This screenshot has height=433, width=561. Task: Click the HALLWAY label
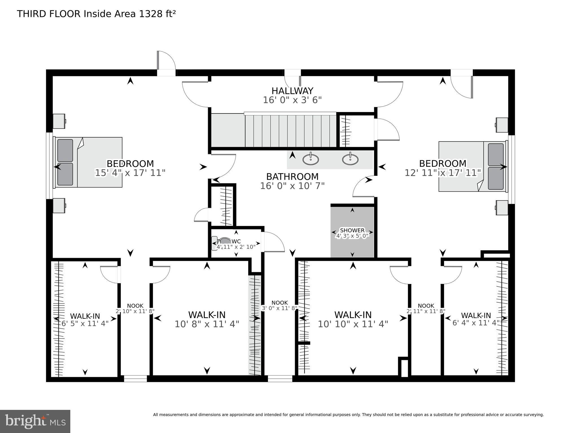(x=292, y=91)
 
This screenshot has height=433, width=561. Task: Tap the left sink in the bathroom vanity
(x=311, y=160)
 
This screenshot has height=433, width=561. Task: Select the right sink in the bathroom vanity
(x=350, y=160)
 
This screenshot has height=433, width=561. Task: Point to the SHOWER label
(x=352, y=230)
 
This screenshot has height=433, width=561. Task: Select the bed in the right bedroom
(x=471, y=166)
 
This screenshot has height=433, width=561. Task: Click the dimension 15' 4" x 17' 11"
(x=130, y=173)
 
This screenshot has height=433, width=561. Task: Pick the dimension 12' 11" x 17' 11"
(x=442, y=173)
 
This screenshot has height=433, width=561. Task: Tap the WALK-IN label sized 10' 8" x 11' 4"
(x=207, y=315)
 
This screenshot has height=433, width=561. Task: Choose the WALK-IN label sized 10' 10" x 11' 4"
(x=353, y=315)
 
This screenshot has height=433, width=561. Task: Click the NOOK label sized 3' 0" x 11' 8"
(x=280, y=303)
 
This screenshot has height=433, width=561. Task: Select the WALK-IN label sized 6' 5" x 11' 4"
(x=85, y=316)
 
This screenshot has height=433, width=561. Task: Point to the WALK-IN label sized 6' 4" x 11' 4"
(x=476, y=315)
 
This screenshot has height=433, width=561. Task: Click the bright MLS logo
(x=35, y=421)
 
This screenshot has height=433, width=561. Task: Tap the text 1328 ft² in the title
(x=157, y=14)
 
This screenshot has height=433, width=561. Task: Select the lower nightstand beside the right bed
(x=502, y=208)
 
